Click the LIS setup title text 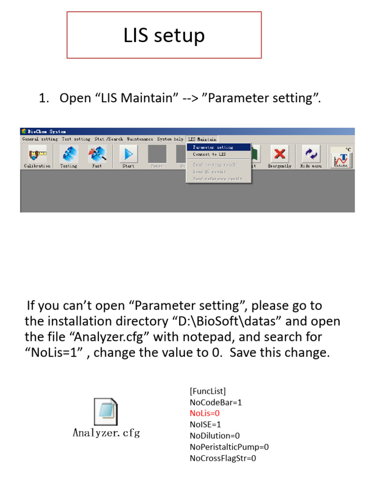[x=164, y=35]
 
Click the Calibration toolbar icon [x=37, y=155]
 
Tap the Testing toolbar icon [x=68, y=155]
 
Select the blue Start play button [x=128, y=155]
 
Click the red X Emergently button [x=279, y=155]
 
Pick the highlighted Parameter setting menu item [x=218, y=147]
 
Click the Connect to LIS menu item [x=209, y=154]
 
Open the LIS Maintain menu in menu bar [x=202, y=139]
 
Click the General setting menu [x=40, y=139]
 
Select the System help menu [x=170, y=139]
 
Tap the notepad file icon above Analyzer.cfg [x=105, y=411]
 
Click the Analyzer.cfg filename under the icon [x=106, y=433]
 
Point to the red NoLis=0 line [x=205, y=413]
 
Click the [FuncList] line [x=208, y=391]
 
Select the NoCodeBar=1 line [x=216, y=402]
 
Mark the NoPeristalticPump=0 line [x=229, y=447]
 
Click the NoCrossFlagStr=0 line [x=223, y=458]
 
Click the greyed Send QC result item [x=209, y=172]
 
